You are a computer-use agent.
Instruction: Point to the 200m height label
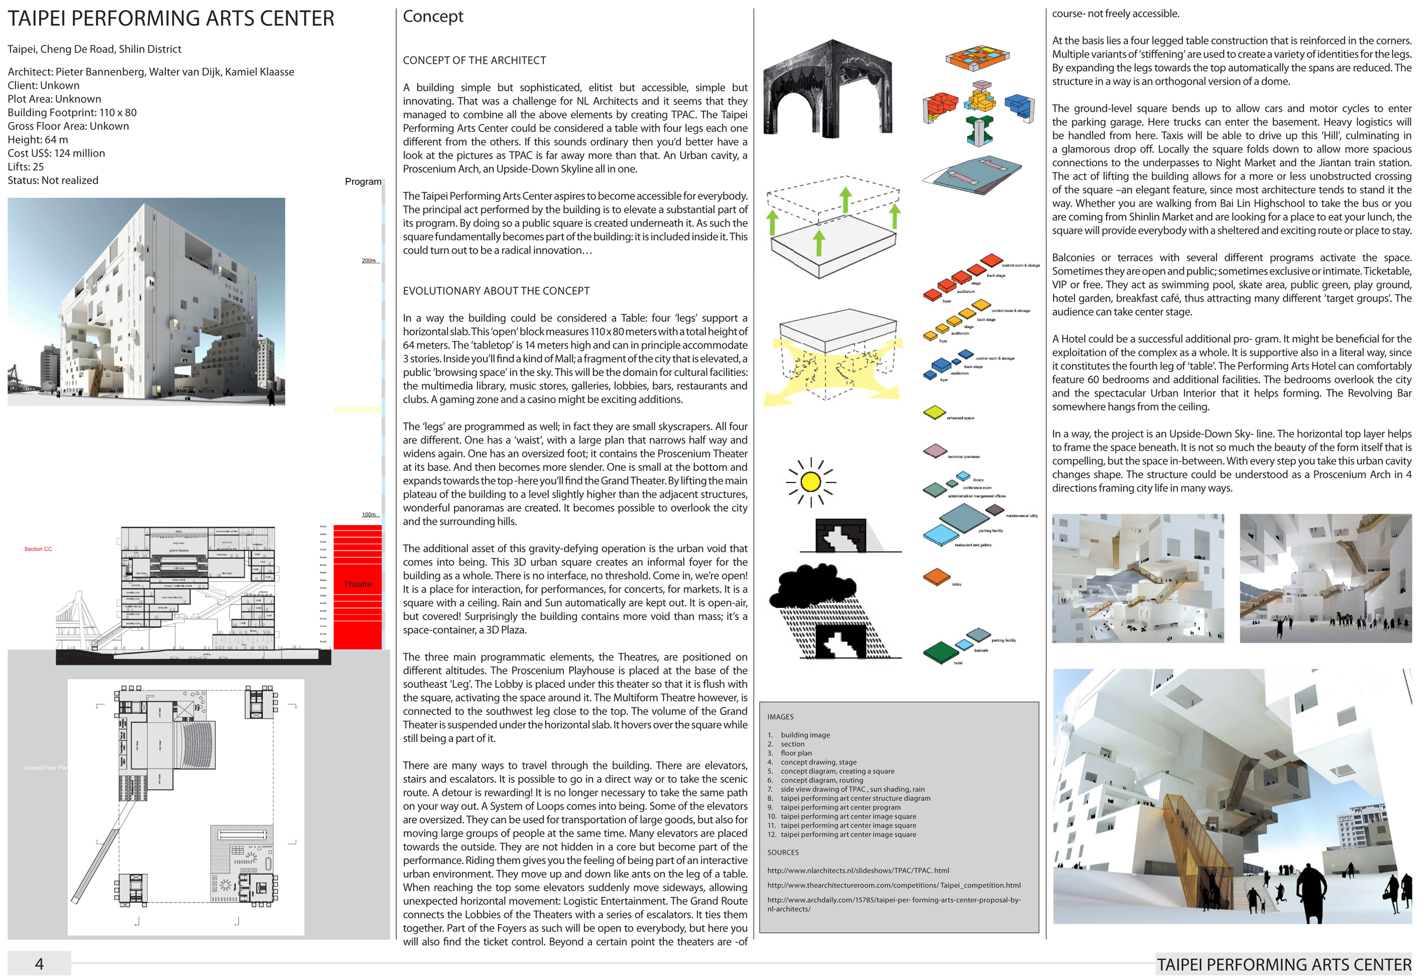(x=369, y=261)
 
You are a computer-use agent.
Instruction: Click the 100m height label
(x=369, y=515)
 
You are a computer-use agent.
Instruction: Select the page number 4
(x=39, y=963)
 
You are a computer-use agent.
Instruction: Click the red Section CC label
(x=38, y=549)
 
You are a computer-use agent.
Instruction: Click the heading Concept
(x=433, y=17)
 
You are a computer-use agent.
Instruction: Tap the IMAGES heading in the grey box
(x=780, y=716)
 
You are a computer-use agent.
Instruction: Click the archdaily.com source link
(x=893, y=904)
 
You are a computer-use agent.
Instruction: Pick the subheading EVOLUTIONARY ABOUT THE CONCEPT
(x=496, y=291)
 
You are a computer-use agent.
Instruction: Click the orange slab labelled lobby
(x=936, y=577)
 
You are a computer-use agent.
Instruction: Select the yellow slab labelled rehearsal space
(x=934, y=412)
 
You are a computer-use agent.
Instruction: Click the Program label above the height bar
(x=363, y=182)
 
